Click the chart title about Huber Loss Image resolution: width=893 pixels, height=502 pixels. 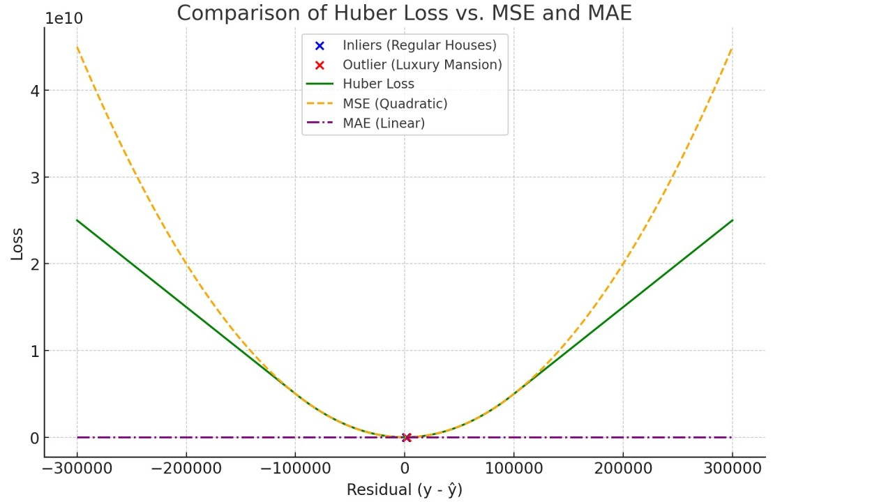404,13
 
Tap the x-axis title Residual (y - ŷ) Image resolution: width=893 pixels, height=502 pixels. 404,490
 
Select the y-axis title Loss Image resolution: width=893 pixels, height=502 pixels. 17,244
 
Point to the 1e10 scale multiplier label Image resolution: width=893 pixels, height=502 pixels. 63,19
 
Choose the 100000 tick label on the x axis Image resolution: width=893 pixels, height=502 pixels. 513,467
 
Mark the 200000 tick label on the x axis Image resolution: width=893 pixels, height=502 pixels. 622,467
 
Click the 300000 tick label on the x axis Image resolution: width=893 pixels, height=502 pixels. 732,467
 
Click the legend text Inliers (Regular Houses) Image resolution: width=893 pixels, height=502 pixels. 419,45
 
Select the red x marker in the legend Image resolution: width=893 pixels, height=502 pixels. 320,65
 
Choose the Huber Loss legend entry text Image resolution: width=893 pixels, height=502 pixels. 378,84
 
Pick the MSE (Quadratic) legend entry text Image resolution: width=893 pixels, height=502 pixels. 395,104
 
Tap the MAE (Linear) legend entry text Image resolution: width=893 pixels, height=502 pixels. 384,123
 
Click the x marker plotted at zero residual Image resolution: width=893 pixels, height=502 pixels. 407,438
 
